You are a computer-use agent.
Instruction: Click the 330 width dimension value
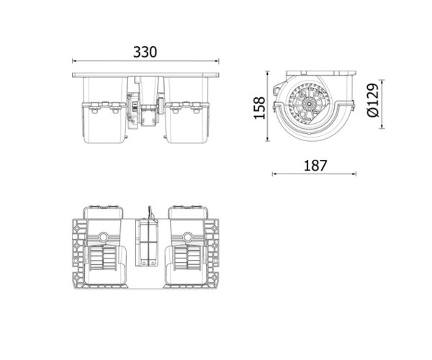coord(145,52)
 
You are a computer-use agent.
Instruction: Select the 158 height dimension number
coord(259,108)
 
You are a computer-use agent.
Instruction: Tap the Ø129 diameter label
coord(373,100)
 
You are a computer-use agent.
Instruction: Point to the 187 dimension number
coord(315,166)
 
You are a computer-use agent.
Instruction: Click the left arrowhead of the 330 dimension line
coord(74,61)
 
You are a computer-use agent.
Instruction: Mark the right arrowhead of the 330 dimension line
coord(217,61)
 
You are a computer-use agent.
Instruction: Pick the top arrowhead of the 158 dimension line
coord(267,73)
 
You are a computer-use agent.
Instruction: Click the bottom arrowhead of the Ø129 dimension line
coord(382,127)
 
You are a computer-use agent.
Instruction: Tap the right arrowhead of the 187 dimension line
coord(354,174)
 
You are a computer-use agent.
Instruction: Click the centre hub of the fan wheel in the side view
coord(310,104)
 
